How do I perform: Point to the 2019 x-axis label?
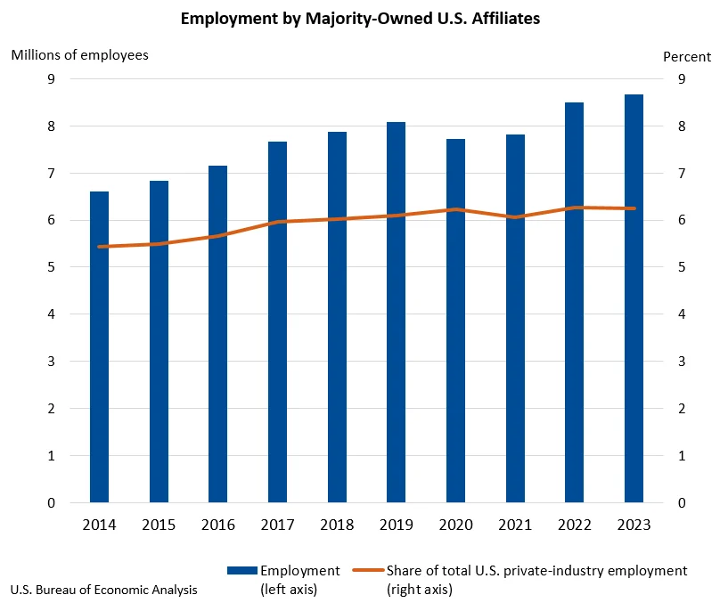point(396,525)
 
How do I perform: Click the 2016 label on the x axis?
point(217,525)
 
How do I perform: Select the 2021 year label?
point(515,525)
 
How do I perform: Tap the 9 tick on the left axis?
point(51,79)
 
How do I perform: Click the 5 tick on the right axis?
point(681,267)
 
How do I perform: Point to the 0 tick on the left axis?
point(51,503)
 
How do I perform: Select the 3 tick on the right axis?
point(681,362)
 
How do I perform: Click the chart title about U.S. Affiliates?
point(360,18)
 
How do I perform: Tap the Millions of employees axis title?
point(79,54)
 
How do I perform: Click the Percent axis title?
point(687,56)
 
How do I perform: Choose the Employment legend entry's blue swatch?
point(241,571)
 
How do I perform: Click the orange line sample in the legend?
point(368,571)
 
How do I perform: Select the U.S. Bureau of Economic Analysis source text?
point(104,590)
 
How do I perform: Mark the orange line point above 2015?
point(159,244)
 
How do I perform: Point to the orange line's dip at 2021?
point(515,217)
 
